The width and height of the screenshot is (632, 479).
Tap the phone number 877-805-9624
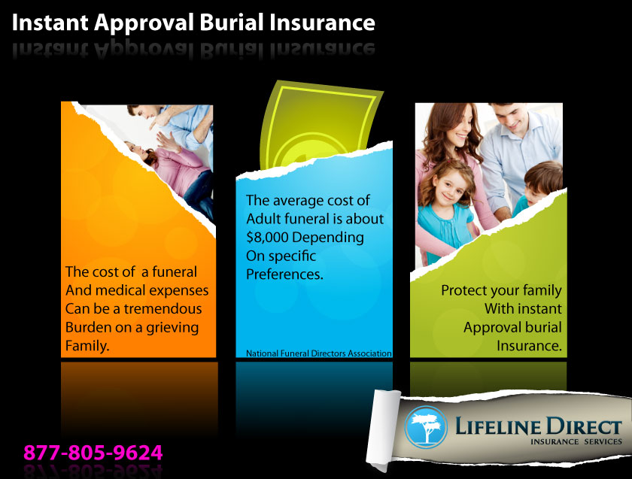pos(93,453)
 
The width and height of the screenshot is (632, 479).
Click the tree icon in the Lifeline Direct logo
pos(426,427)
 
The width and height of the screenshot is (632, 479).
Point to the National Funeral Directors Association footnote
pos(318,353)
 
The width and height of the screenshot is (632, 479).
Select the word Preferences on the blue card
pos(284,274)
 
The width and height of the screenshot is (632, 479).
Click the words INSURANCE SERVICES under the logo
pos(576,441)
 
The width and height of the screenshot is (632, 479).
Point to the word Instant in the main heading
pos(50,23)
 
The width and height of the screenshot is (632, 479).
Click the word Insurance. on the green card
pos(529,346)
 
